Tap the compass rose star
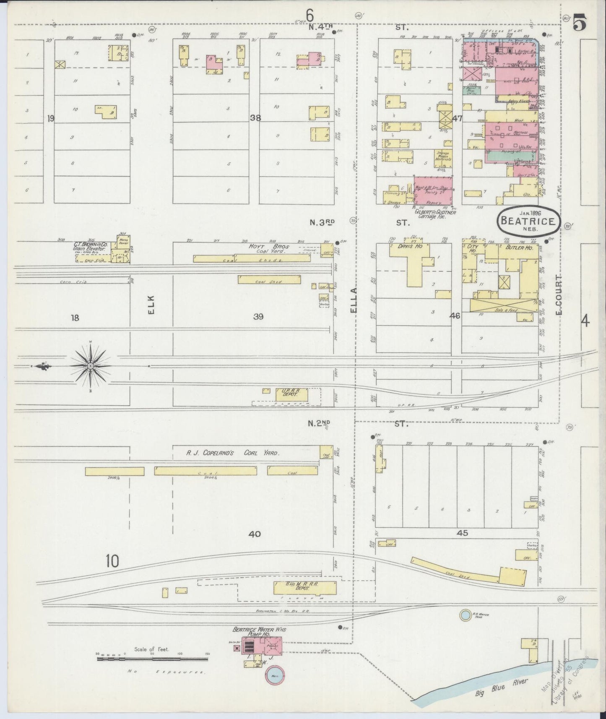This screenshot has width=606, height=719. (x=90, y=366)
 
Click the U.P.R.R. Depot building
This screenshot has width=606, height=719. (x=292, y=394)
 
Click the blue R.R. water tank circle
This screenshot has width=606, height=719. (x=465, y=615)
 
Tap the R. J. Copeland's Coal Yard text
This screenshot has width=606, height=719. (x=233, y=453)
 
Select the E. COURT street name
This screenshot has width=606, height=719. (x=559, y=294)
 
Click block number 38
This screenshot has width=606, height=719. (x=255, y=118)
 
